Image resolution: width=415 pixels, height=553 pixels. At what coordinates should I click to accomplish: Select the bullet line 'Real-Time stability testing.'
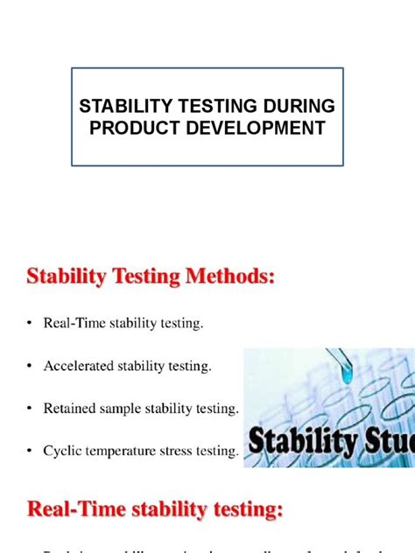coord(123,324)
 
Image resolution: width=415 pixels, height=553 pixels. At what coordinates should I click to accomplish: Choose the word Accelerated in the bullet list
coord(79,366)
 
